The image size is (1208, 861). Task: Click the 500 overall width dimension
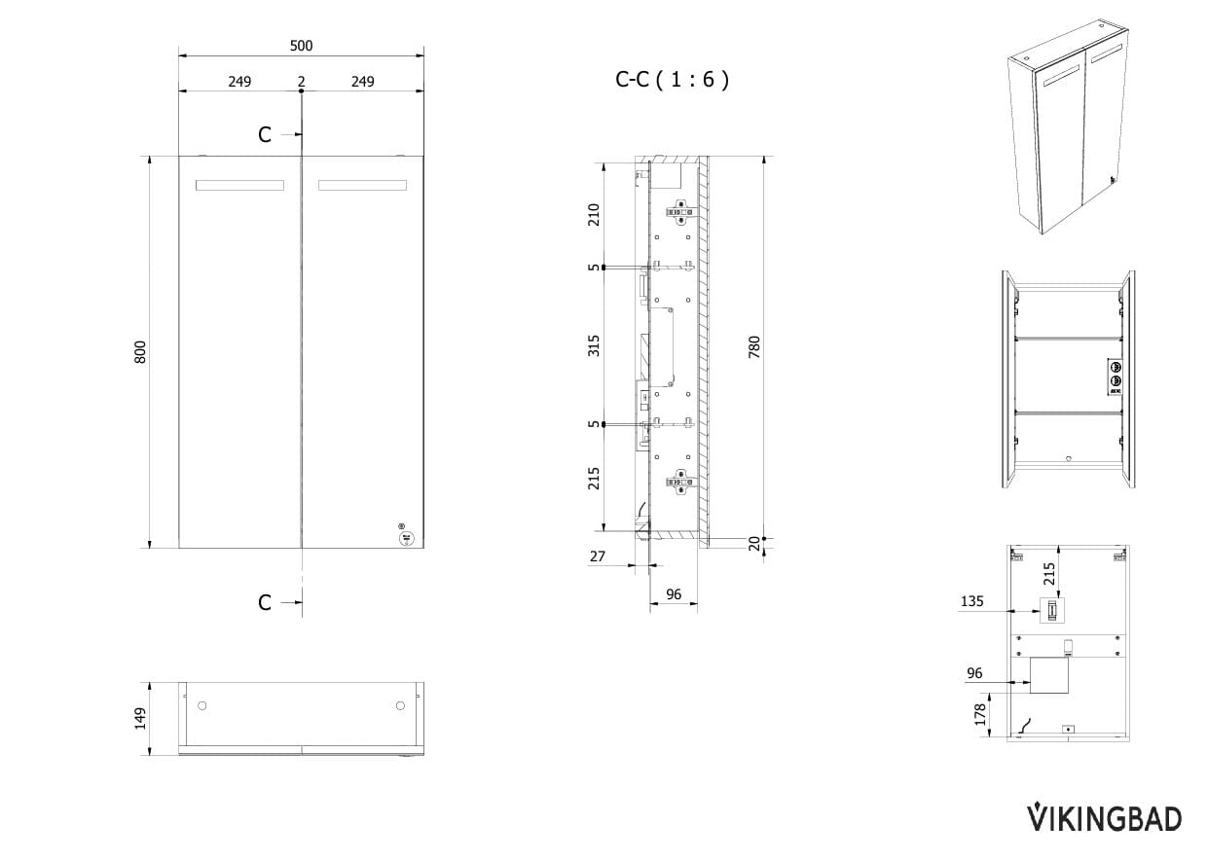(301, 46)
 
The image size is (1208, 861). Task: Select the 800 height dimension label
(140, 352)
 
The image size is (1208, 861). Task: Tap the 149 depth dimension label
(140, 719)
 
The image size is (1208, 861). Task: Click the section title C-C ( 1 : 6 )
(672, 79)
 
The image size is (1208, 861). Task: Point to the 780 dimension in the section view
(754, 346)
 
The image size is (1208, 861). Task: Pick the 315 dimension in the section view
(594, 345)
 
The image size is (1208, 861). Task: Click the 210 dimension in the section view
(594, 215)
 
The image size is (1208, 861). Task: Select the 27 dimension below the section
(598, 556)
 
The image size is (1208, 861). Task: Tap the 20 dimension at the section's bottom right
(754, 544)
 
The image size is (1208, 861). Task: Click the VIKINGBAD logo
(1104, 819)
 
